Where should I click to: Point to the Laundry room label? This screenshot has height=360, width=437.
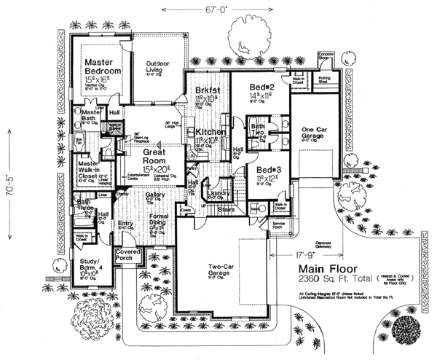point(218,192)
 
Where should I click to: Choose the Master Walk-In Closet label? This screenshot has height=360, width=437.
point(92,171)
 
